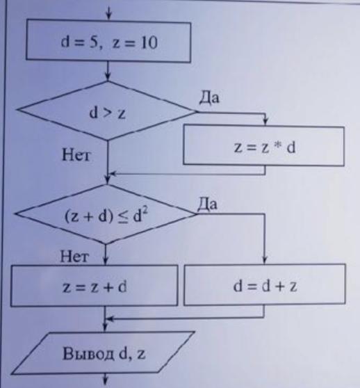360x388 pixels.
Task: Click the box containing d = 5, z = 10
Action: [x=108, y=41]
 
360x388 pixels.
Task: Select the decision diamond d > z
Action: [x=107, y=111]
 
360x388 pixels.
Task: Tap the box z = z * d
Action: [x=263, y=145]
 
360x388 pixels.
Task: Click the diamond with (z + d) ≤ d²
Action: [x=106, y=215]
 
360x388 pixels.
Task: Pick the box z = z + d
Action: [x=95, y=286]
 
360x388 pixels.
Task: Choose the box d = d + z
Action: [x=265, y=284]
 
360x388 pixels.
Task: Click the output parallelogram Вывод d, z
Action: [x=103, y=353]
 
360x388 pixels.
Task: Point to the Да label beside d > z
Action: [x=209, y=97]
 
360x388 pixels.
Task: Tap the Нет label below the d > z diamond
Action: [x=76, y=155]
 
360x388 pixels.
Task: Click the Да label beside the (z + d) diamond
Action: [x=207, y=204]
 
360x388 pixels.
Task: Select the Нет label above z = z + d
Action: [x=74, y=257]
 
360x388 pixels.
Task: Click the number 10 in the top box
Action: [x=149, y=42]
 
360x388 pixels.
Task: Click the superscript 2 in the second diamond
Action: [x=145, y=210]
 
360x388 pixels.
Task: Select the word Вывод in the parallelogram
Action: [x=88, y=353]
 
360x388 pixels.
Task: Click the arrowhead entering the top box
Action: [x=108, y=16]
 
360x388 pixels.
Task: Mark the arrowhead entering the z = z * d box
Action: [x=265, y=121]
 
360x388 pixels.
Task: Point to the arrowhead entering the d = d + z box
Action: [x=265, y=260]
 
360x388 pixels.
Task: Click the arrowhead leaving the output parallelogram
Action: [x=106, y=381]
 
